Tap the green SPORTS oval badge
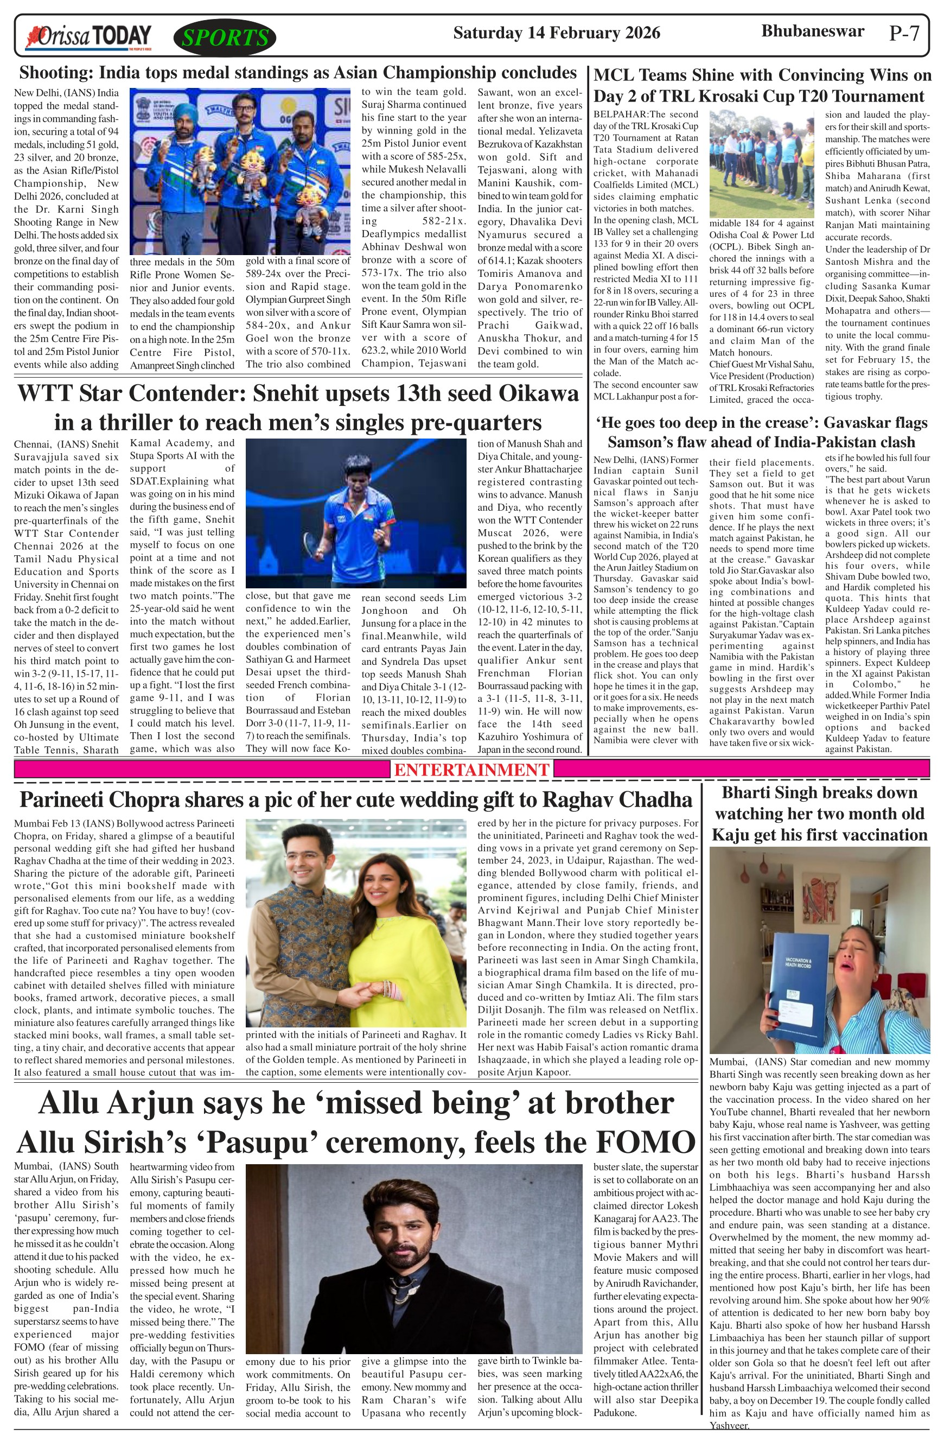point(225,38)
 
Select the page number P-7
point(905,33)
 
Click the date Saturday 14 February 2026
point(556,33)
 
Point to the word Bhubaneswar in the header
point(812,31)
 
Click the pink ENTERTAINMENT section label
point(471,770)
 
